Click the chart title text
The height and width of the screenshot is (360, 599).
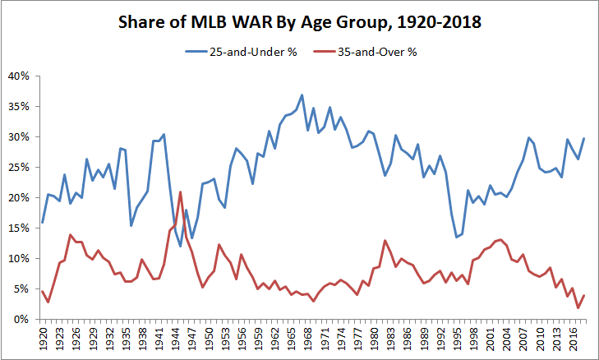coord(299,24)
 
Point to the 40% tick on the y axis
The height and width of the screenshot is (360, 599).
coord(20,76)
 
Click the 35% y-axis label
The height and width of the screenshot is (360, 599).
coord(20,106)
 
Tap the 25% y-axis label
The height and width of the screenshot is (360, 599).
coord(20,167)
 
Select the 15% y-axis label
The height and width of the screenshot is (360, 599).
coord(20,228)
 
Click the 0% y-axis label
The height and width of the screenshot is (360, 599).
coord(22,319)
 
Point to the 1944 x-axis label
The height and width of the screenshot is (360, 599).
coord(175,338)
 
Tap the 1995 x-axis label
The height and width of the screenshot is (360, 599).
coord(456,338)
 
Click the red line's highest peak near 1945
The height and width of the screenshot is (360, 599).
coord(180,192)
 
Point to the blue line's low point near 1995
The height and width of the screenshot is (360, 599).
coord(456,237)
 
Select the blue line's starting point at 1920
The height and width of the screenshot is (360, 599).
coord(42,223)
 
